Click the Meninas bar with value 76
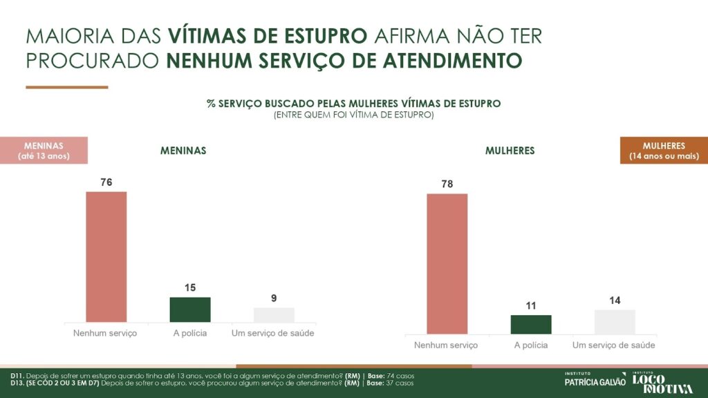click(106, 256)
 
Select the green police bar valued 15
click(190, 310)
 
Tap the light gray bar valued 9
click(274, 315)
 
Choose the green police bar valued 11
click(531, 325)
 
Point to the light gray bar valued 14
click(615, 322)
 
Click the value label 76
click(106, 182)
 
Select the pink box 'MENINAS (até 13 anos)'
click(44, 151)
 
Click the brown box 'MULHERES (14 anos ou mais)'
click(664, 151)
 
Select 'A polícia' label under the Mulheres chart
click(531, 345)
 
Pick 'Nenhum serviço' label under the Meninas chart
click(105, 334)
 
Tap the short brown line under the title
click(67, 87)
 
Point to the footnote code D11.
click(18, 375)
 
